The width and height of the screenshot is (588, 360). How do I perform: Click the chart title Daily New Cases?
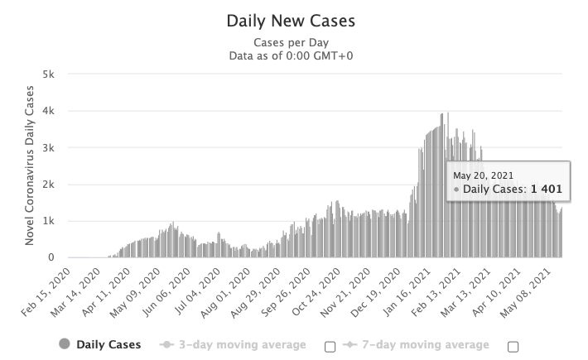pyautogui.click(x=294, y=18)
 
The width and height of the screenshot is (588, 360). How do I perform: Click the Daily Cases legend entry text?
pyautogui.click(x=108, y=344)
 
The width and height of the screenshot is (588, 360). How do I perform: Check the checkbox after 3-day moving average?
pyautogui.click(x=330, y=345)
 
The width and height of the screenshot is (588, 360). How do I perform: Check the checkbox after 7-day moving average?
pyautogui.click(x=513, y=345)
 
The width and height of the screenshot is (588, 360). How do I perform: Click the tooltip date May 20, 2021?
pyautogui.click(x=483, y=175)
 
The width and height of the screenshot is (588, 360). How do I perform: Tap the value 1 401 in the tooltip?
pyautogui.click(x=547, y=190)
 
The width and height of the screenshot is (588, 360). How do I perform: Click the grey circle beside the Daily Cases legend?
pyautogui.click(x=64, y=344)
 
